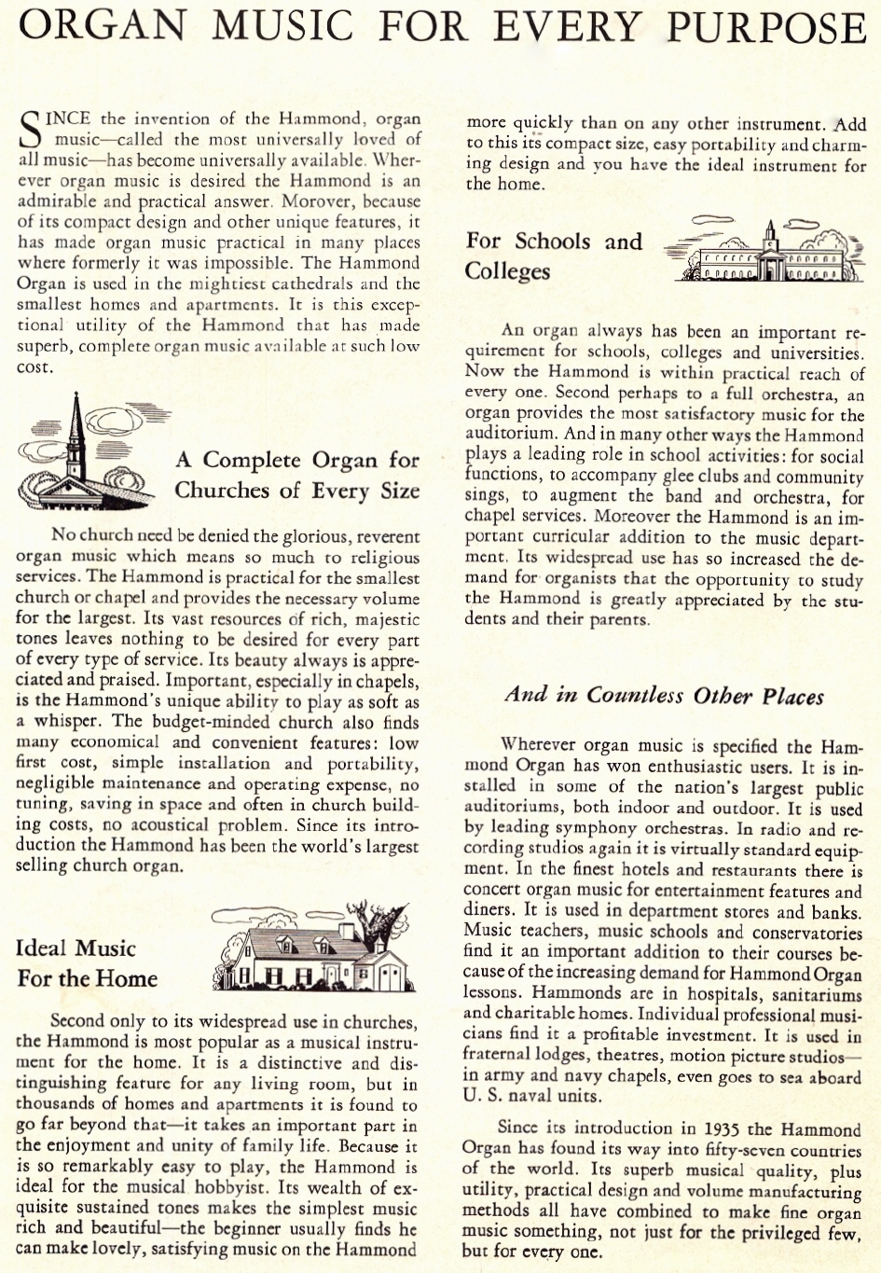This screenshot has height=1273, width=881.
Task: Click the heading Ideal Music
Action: pos(76,948)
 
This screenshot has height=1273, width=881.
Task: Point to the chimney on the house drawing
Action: pos(348,932)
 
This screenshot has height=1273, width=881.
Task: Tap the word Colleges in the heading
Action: pos(508,271)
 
